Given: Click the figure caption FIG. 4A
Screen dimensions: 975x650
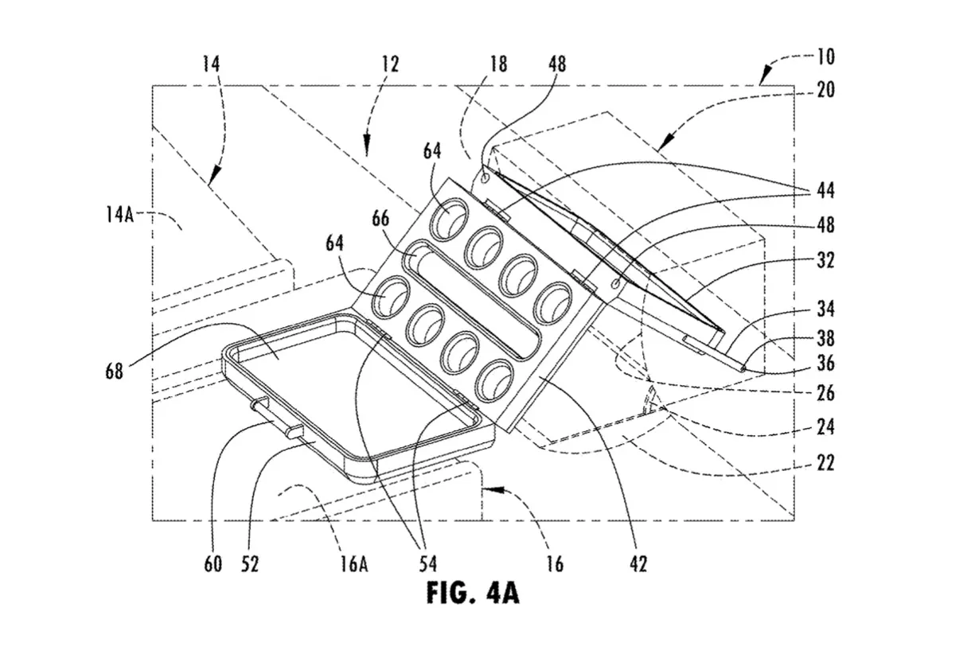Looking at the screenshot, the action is tap(473, 594).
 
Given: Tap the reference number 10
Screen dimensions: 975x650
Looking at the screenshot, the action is tap(826, 57).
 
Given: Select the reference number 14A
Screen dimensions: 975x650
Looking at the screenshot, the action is tap(119, 215).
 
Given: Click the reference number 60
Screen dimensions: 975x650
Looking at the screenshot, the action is tap(213, 564).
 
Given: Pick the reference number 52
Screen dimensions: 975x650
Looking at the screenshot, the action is tap(250, 564).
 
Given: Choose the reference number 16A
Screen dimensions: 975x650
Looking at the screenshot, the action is tap(354, 564).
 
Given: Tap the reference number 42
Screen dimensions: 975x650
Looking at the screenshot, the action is tap(638, 564).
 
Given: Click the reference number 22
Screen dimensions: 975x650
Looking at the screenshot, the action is tap(825, 463).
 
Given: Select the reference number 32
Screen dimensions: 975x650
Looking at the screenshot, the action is tap(825, 260).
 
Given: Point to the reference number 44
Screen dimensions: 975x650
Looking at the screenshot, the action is tap(825, 191).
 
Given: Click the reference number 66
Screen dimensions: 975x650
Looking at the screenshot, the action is tap(380, 219).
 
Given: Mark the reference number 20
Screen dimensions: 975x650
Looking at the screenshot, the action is tap(825, 90).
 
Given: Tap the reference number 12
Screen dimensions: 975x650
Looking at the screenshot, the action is tap(390, 64).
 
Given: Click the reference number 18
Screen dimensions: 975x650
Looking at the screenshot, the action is tap(498, 64).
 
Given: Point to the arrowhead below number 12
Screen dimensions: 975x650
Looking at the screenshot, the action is tap(367, 148).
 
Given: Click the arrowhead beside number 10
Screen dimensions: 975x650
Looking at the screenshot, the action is tap(766, 77).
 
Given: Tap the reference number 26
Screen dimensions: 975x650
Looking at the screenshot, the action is tap(825, 393).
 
